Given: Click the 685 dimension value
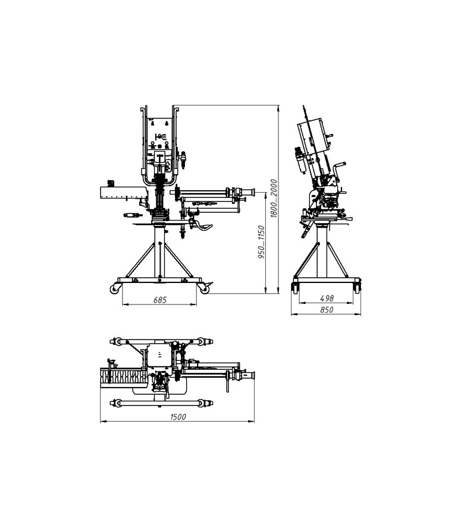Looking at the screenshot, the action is tap(159, 299).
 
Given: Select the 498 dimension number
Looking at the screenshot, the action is tap(327, 298).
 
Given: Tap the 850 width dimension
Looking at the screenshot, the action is tap(327, 309).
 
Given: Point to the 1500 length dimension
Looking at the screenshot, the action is tap(178, 417).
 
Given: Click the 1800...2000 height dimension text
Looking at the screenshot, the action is tap(274, 199).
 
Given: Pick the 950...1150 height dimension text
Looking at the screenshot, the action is tap(261, 242).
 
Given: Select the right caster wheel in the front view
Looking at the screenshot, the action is tap(205, 289).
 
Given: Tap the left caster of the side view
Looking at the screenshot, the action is tap(295, 288).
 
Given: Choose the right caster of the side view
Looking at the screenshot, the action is tap(357, 288).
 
